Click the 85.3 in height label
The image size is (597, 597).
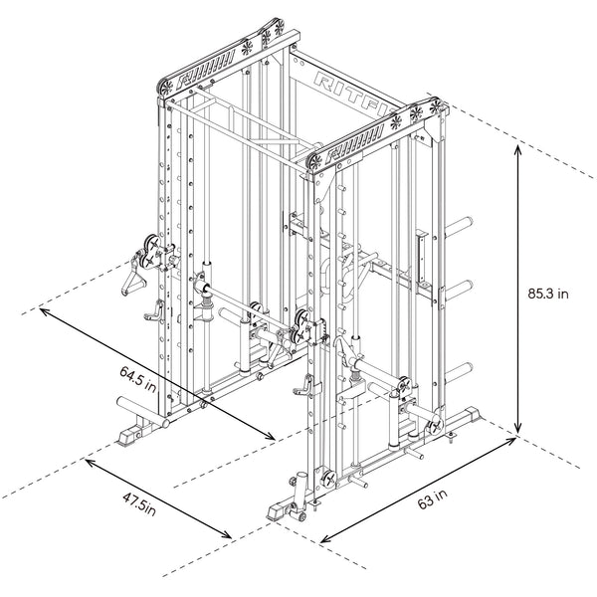[548, 294]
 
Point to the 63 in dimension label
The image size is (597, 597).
[432, 501]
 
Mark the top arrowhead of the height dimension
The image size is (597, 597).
[518, 147]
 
